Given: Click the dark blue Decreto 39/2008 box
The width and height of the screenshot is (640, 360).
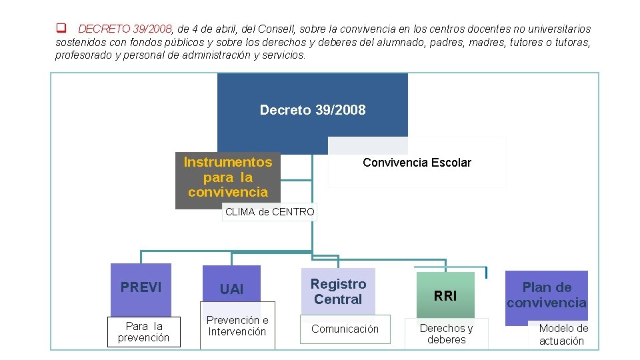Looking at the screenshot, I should click(313, 111).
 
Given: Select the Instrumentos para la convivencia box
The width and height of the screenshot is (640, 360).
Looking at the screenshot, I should click(227, 177).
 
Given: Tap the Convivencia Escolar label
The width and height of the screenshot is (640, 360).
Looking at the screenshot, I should click(417, 163).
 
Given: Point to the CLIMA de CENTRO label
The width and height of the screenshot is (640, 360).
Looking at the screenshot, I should click(269, 212).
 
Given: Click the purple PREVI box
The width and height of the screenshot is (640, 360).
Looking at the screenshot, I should click(141, 287).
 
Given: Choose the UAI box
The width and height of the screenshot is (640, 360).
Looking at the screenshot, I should click(231, 289).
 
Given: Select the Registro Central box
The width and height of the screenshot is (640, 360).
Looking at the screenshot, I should click(338, 292).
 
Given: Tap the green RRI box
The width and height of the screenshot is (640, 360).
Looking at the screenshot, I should click(445, 295).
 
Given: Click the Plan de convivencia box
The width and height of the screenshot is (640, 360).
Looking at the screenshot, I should click(547, 295).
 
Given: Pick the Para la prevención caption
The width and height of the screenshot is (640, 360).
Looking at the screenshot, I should click(144, 331).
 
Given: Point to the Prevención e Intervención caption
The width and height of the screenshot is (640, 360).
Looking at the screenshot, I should click(237, 326).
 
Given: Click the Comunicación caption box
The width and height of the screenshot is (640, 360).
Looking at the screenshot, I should click(345, 329).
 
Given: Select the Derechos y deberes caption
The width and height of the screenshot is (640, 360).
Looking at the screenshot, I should click(446, 333).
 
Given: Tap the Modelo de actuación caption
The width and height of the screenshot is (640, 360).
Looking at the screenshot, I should click(563, 334).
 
